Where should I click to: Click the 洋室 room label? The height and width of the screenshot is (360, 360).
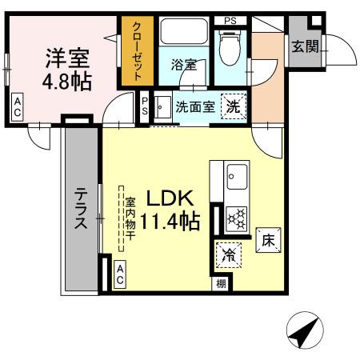click(67, 58)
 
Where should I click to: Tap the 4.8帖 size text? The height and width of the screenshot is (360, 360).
click(67, 81)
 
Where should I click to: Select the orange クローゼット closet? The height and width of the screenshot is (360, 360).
click(136, 50)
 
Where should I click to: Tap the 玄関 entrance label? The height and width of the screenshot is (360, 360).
click(304, 46)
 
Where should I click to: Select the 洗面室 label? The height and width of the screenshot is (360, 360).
click(194, 107)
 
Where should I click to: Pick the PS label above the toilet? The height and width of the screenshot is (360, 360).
click(230, 19)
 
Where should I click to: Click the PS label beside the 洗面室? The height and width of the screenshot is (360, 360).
click(145, 106)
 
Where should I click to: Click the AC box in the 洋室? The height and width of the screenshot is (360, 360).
click(18, 109)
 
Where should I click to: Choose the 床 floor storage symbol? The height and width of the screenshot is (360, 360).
click(267, 239)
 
